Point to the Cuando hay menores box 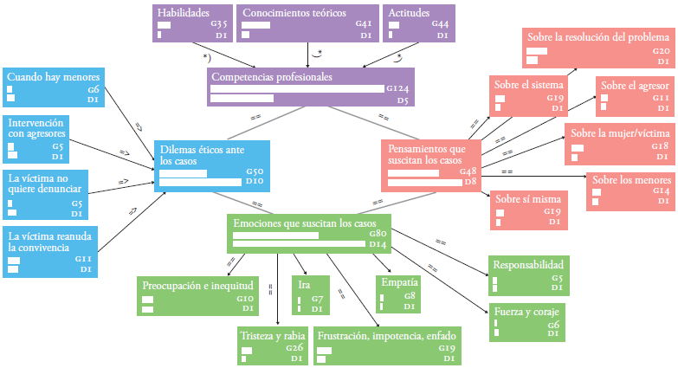52,87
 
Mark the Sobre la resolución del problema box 597,48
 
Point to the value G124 397,88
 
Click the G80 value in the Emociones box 377,234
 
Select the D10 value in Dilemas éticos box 254,182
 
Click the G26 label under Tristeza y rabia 294,348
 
